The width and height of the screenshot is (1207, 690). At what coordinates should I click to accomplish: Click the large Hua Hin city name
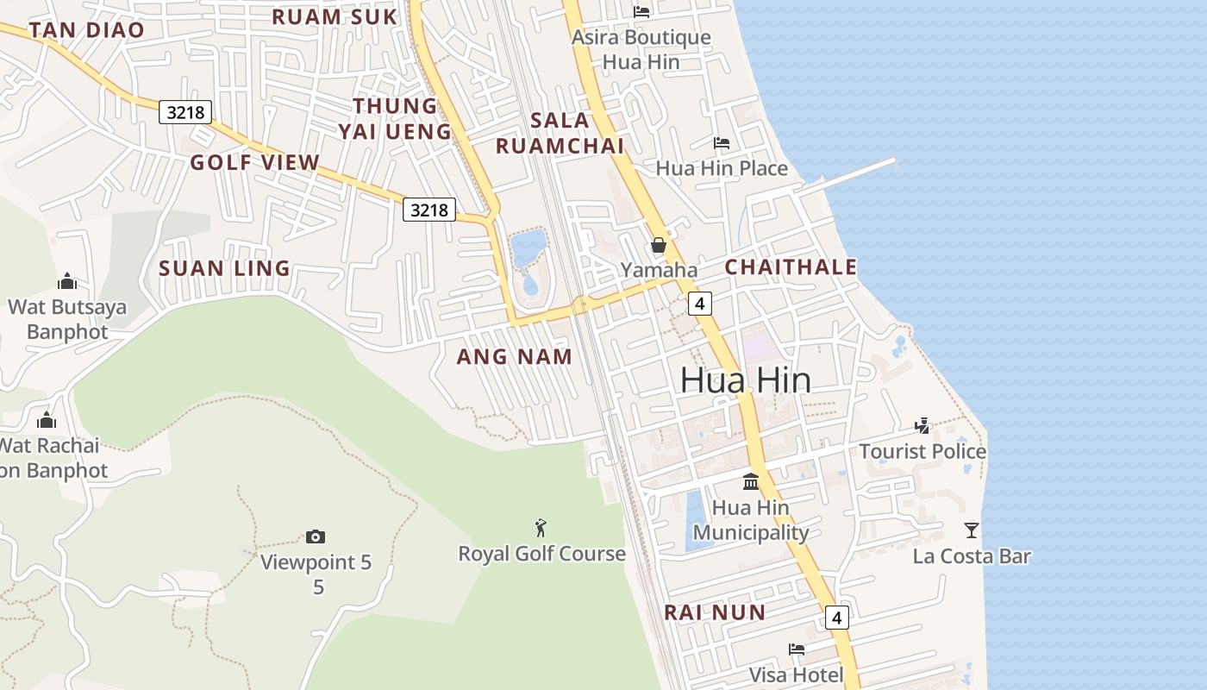pos(745,379)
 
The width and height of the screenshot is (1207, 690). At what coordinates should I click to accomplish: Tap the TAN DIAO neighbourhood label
pos(86,30)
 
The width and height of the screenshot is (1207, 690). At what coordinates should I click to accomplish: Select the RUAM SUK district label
pos(335,16)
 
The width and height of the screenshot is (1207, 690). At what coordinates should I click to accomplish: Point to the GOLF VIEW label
pos(254,162)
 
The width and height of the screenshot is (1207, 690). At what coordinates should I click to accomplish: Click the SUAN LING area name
pos(224,268)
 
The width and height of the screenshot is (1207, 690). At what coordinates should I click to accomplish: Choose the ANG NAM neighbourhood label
pos(514,356)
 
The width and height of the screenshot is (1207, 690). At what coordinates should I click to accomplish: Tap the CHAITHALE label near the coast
pos(791,267)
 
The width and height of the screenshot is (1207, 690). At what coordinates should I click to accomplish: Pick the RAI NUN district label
pos(714,612)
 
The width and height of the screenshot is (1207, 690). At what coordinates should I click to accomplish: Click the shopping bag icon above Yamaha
pos(659,245)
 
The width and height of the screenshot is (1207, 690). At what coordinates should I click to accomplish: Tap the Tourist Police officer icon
pos(922,425)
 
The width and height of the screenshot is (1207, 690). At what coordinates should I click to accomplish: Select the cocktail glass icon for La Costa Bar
pos(972,530)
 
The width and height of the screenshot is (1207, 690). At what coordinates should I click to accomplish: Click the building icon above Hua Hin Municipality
pos(751,481)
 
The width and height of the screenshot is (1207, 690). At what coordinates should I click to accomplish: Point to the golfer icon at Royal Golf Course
pos(541,527)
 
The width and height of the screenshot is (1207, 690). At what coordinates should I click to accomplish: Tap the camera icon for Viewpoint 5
pos(316,536)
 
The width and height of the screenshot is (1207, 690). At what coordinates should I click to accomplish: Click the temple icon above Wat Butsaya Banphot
pos(66,281)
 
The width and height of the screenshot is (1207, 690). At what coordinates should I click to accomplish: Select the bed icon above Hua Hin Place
pos(722,142)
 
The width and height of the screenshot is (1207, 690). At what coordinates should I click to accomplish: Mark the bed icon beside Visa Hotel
pos(796,649)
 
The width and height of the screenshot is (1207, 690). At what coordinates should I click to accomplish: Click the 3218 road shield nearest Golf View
pos(184,111)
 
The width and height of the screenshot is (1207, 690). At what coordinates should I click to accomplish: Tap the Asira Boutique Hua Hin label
pos(642,49)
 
